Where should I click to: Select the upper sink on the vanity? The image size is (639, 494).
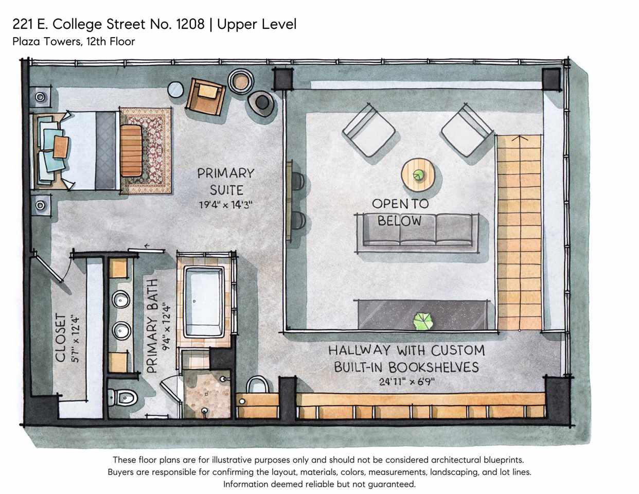click(121, 299)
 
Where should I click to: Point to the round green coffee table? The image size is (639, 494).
click(418, 174)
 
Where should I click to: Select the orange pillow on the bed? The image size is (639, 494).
click(61, 147)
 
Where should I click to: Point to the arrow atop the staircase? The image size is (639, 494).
click(520, 137)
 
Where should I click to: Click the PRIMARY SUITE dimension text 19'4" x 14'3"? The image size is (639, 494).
click(225, 205)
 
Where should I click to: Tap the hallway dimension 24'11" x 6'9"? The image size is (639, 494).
click(407, 382)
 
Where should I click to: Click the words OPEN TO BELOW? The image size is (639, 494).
click(400, 212)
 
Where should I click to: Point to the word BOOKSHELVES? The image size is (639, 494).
click(434, 367)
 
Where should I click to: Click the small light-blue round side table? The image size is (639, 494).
click(175, 90)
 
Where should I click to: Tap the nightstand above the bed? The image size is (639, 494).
click(40, 97)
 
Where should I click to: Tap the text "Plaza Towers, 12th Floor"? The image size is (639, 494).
click(74, 42)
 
